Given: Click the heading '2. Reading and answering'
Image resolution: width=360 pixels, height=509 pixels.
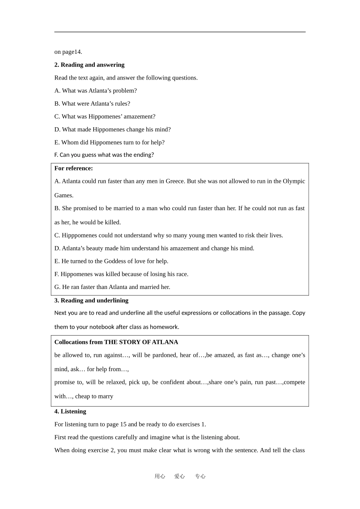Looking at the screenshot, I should pyautogui.click(x=89, y=65).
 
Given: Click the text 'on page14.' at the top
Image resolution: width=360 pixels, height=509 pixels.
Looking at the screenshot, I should pyautogui.click(x=68, y=52).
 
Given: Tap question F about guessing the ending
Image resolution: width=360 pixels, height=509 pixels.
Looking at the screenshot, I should pyautogui.click(x=104, y=155).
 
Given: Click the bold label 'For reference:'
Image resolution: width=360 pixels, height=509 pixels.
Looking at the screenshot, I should pyautogui.click(x=74, y=168).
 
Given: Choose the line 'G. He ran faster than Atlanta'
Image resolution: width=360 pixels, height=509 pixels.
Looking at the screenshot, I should pyautogui.click(x=112, y=287).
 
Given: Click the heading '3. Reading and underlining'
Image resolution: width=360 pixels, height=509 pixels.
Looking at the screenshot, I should pyautogui.click(x=91, y=300).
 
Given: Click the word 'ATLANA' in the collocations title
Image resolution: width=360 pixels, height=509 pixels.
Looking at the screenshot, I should pyautogui.click(x=165, y=342).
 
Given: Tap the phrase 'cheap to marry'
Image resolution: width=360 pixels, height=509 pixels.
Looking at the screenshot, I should pyautogui.click(x=94, y=397).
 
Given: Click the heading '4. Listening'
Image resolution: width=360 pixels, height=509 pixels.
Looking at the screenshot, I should pyautogui.click(x=70, y=411).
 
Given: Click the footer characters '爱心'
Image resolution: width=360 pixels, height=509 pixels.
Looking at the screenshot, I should pyautogui.click(x=180, y=476).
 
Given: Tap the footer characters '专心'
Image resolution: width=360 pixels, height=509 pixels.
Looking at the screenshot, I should pyautogui.click(x=200, y=476).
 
